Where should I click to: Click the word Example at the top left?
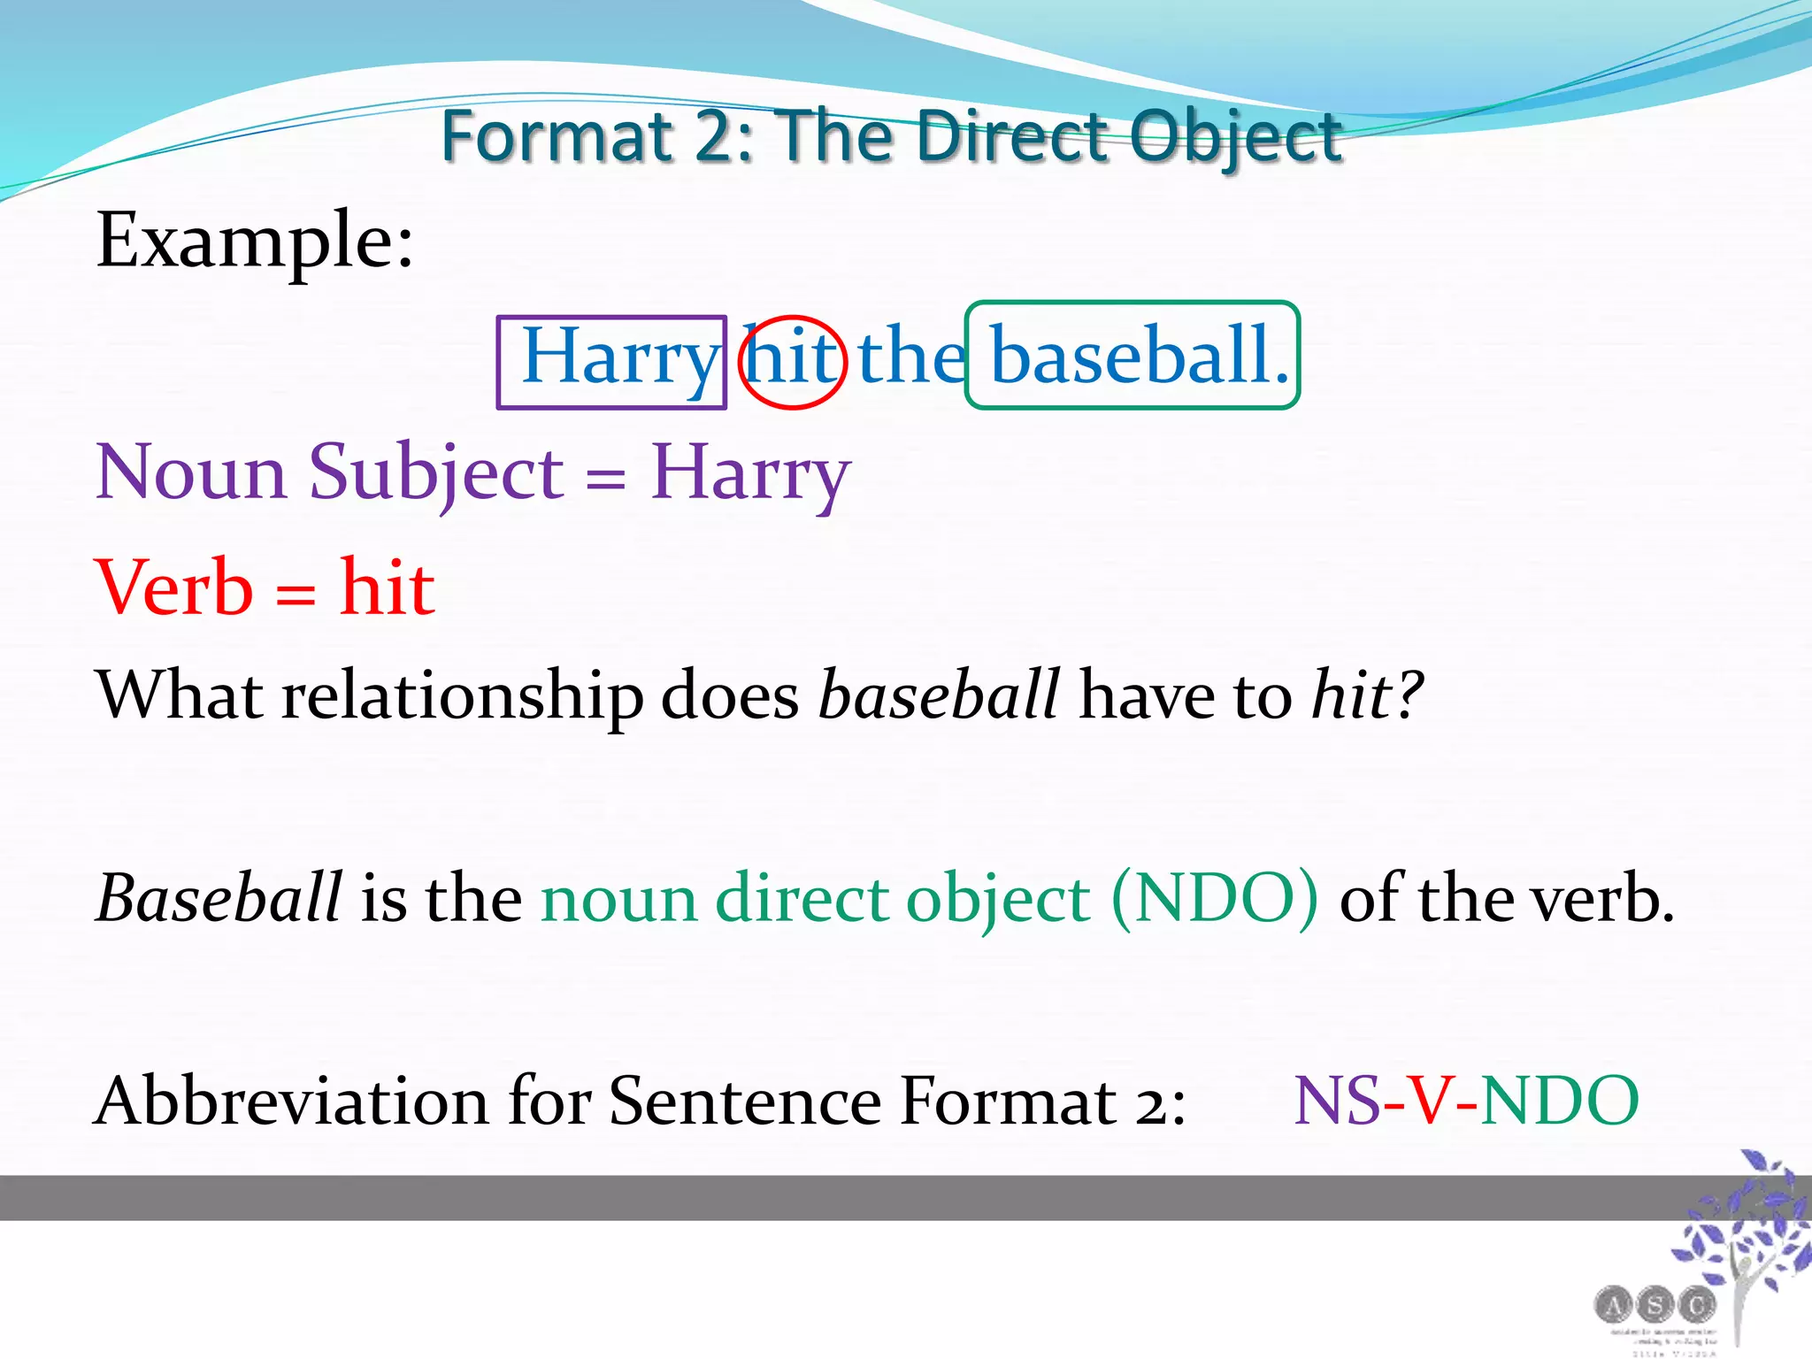(x=254, y=241)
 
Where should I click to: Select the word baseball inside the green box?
(x=1130, y=356)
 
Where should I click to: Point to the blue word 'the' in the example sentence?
(x=911, y=356)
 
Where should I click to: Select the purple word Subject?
(x=435, y=473)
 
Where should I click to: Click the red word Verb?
(x=174, y=587)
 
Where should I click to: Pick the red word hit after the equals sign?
(x=388, y=587)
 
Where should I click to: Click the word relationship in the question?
(x=462, y=695)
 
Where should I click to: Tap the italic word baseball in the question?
(x=939, y=695)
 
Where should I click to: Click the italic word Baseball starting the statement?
(x=219, y=898)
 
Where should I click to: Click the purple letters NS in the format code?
(x=1336, y=1102)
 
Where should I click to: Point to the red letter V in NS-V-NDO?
(x=1430, y=1102)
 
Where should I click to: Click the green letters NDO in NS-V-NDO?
(x=1559, y=1102)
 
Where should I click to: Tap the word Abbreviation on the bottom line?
(x=292, y=1102)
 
